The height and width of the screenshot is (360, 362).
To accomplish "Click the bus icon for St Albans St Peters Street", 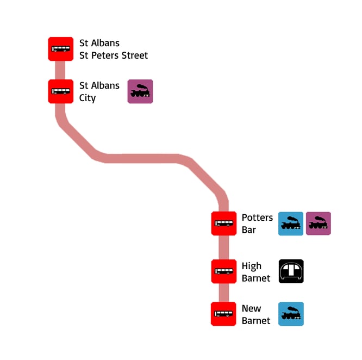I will (60, 49).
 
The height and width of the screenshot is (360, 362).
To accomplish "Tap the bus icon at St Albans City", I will (60, 91).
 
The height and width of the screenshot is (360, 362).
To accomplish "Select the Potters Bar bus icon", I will (223, 224).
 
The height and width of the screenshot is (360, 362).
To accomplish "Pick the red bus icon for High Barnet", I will (223, 271).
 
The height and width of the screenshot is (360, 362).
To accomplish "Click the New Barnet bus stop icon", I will (223, 314).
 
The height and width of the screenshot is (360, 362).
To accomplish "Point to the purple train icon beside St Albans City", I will (140, 91).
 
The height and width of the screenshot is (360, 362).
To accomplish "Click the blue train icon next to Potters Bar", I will (291, 224).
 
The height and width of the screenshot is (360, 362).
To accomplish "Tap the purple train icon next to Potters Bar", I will (318, 224).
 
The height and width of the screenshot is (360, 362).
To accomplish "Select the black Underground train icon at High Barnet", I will (291, 271).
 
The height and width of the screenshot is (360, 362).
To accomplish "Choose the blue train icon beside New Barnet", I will (291, 314).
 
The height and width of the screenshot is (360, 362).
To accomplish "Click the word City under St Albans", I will (88, 98).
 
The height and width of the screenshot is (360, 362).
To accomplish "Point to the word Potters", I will (257, 218).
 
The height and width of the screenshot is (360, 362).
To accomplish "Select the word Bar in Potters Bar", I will (248, 230).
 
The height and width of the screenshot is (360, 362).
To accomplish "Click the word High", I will (252, 266).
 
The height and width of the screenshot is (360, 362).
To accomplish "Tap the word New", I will (252, 308).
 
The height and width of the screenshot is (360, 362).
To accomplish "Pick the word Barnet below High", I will (256, 278).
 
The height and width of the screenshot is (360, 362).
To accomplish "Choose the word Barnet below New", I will (256, 321).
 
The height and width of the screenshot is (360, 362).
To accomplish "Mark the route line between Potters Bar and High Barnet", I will (223, 247).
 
